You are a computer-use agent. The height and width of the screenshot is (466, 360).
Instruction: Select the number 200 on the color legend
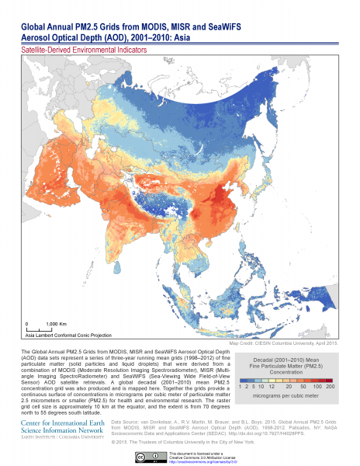[330, 385]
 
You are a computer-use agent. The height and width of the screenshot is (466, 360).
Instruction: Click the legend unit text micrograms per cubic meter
[286, 397]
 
